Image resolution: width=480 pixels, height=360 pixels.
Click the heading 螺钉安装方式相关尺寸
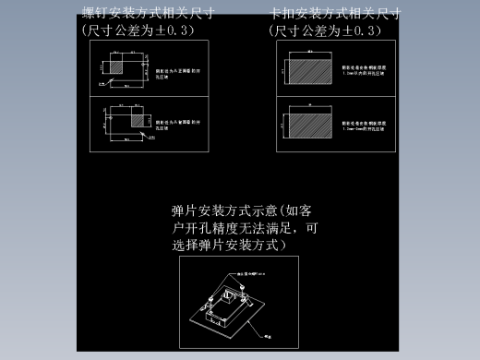148,13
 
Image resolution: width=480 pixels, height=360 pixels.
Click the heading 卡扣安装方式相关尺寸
335,14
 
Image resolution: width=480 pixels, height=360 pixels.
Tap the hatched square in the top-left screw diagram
118,66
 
